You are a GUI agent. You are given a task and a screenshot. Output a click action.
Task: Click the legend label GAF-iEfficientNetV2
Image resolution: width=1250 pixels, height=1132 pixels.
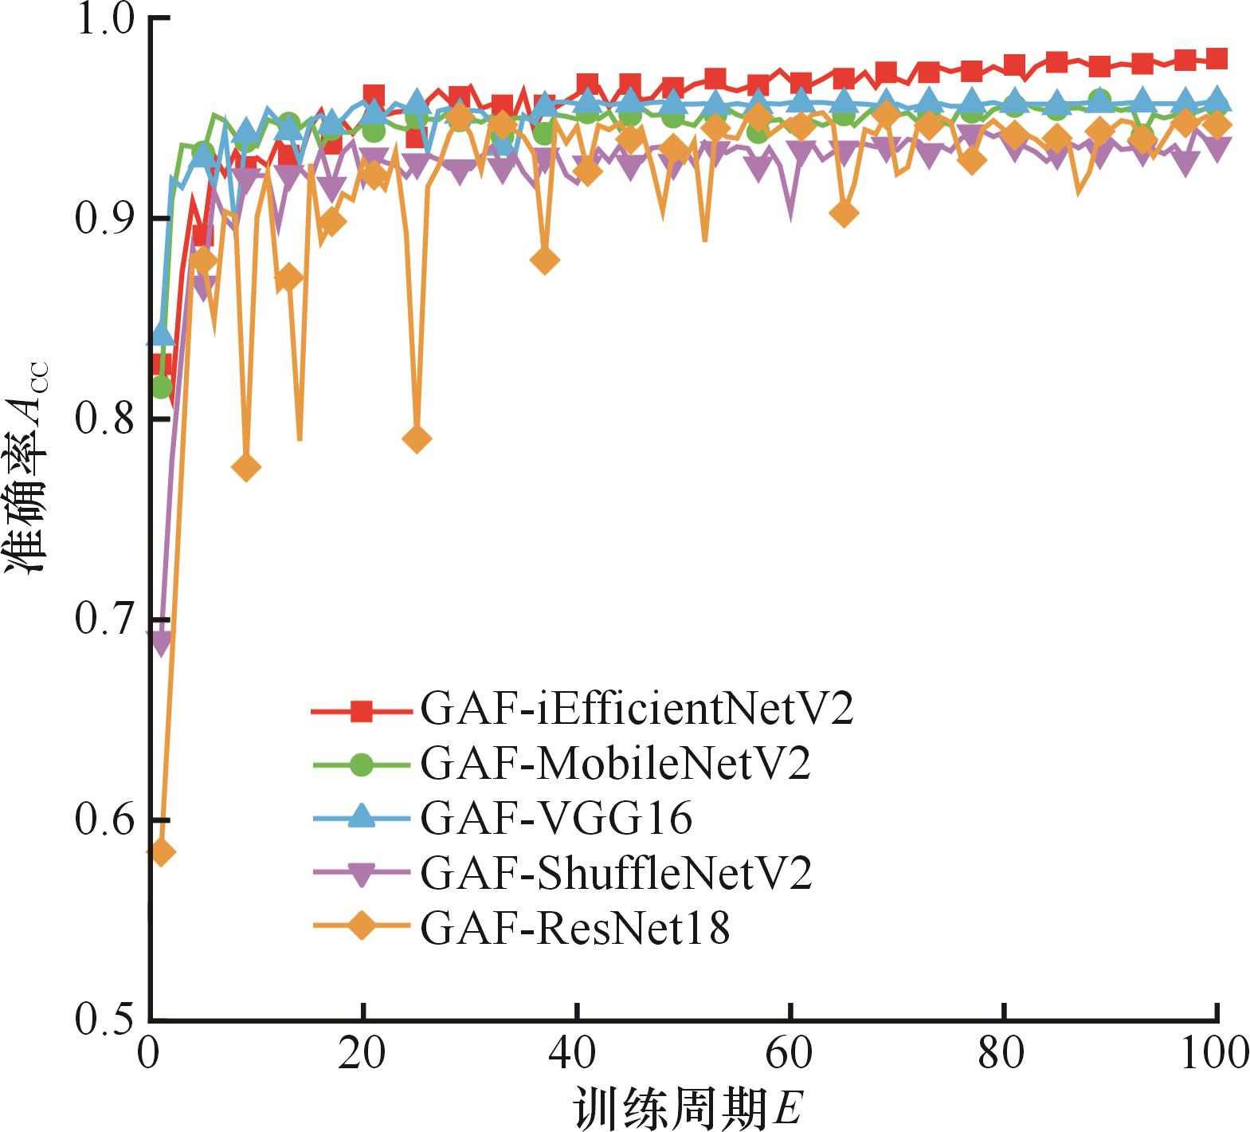click(x=637, y=709)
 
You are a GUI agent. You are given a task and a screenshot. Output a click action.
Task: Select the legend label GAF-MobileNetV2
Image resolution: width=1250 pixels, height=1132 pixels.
click(x=615, y=764)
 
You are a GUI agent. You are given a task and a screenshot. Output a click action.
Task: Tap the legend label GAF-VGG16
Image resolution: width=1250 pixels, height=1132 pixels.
click(x=556, y=818)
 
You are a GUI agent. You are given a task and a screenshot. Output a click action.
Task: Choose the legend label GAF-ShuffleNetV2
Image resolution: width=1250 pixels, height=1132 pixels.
click(x=616, y=873)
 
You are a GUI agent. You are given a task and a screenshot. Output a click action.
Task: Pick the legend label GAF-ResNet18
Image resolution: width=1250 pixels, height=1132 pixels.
click(x=574, y=927)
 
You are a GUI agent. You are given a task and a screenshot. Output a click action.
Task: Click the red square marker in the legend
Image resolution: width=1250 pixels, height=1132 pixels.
click(x=362, y=709)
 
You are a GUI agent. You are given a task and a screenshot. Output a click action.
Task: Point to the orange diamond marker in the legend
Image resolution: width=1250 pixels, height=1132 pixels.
click(x=362, y=927)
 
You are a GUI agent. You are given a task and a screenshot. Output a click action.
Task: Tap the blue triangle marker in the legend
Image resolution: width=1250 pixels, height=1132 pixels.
click(x=362, y=816)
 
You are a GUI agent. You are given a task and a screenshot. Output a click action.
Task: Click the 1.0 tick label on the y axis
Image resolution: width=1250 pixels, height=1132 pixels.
click(x=104, y=19)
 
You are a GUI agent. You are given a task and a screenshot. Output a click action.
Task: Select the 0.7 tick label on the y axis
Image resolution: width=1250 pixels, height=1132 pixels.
click(x=104, y=619)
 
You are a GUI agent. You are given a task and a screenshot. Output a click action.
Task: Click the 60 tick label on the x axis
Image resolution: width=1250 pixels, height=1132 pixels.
click(x=790, y=1054)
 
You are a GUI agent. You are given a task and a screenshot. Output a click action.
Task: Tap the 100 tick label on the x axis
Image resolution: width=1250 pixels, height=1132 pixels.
click(x=1215, y=1054)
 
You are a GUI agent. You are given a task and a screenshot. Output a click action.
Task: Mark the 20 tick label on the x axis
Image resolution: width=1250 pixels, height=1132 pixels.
click(x=362, y=1054)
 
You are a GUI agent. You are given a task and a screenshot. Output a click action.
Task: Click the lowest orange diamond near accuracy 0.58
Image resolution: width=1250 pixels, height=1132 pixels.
click(x=161, y=852)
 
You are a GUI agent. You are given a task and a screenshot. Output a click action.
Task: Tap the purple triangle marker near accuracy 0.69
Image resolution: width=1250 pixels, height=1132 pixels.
click(x=161, y=640)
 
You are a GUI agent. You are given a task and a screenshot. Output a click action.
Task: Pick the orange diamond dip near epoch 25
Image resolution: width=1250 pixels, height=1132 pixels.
click(x=417, y=438)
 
